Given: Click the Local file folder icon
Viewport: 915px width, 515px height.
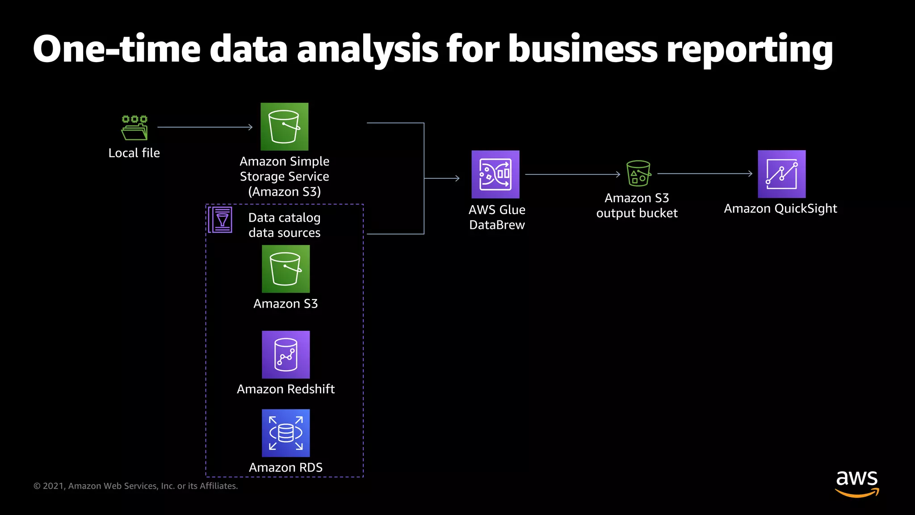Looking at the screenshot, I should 134,128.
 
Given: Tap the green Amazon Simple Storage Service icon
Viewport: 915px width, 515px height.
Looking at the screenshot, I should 285,127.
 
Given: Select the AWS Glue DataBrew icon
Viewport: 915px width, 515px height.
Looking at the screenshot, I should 495,174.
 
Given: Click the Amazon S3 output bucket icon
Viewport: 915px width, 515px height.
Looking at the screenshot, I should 638,173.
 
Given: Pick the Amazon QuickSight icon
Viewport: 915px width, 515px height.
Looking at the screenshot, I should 781,174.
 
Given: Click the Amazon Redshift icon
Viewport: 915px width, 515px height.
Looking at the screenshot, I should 285,355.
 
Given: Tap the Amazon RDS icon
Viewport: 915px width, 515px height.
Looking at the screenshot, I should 285,433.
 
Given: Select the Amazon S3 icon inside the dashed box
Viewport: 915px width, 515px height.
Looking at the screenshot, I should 285,269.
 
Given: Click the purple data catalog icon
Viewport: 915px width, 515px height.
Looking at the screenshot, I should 220,220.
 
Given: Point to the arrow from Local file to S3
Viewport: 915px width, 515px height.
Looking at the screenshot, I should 205,127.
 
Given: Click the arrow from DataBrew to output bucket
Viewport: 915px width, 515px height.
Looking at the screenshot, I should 572,174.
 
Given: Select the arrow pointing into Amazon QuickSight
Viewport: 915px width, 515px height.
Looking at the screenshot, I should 704,173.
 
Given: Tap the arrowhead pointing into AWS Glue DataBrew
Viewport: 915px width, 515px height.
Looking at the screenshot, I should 457,178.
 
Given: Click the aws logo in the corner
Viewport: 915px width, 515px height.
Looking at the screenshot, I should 856,483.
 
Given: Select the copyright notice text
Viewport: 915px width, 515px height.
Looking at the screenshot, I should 135,486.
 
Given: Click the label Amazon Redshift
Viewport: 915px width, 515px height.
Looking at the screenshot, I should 285,389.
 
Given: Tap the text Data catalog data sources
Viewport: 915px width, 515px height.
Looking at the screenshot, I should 284,225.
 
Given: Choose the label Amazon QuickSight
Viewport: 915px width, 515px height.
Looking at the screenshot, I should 780,208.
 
